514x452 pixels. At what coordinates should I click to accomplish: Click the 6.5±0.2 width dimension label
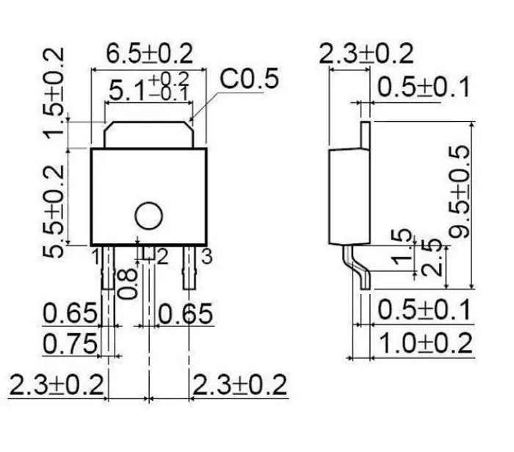[150, 54]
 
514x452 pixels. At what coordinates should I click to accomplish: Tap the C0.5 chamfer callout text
[249, 79]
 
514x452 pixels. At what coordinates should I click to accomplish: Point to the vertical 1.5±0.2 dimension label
[54, 93]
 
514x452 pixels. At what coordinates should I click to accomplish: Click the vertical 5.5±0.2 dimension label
[54, 211]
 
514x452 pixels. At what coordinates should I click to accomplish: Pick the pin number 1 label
[95, 257]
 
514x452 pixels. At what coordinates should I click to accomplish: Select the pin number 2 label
[162, 257]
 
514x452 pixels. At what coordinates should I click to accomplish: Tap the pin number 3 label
[207, 257]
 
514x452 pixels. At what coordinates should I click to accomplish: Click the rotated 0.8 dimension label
[127, 284]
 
